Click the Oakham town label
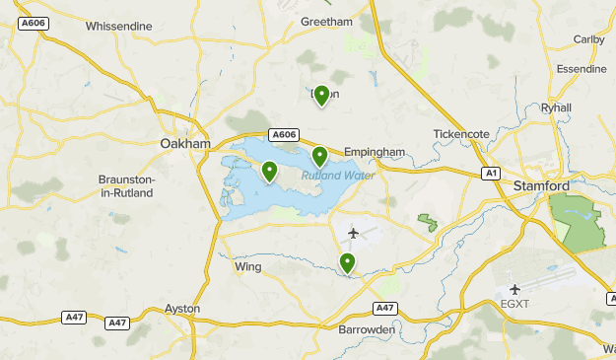pos(185,144)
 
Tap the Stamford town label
pos(541,185)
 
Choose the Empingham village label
pos(375,152)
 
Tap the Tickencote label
pos(461,134)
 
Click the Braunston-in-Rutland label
pos(126,186)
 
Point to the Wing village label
pos(245,266)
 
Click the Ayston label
pos(183,309)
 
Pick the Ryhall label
pos(556,108)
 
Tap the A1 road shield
pos(491,173)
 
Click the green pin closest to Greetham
pos(320,96)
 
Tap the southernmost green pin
pos(347,262)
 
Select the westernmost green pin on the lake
pos(269,171)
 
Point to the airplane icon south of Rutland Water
pos(354,233)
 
